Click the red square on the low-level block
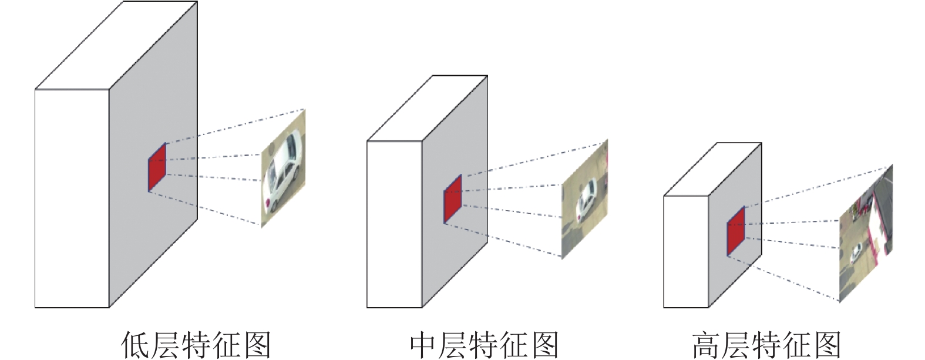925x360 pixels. tap(157, 167)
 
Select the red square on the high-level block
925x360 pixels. tap(736, 231)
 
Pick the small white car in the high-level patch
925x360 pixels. tap(856, 253)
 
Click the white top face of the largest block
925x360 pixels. tap(116, 46)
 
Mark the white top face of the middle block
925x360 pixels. tap(427, 109)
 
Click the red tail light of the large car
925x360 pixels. tap(269, 205)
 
